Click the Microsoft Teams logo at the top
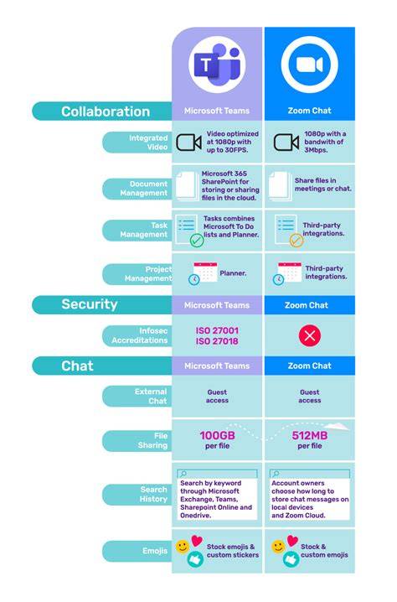point(217,65)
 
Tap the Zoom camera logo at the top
point(310,65)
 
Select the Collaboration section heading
point(106,112)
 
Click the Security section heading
point(90,304)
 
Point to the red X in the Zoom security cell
point(310,335)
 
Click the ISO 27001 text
point(217,330)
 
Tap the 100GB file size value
point(217,435)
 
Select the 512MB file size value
point(310,435)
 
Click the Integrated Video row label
point(148,143)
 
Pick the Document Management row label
point(144,189)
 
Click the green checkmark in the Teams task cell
point(197,241)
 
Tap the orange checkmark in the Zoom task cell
point(296,241)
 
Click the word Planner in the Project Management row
point(233,273)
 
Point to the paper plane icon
point(337,426)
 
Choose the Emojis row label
point(155,551)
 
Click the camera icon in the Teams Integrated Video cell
point(188,143)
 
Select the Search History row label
point(153,494)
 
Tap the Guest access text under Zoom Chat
point(310,397)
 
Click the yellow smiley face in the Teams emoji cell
point(183,547)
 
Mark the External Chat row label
point(151,397)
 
